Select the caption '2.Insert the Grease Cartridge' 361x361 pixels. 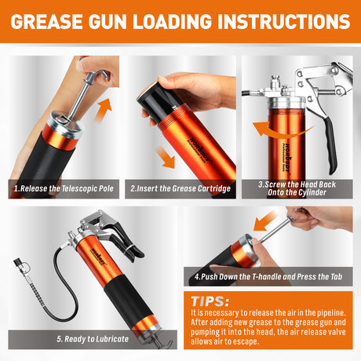click(181, 188)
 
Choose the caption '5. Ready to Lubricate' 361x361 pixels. click(86, 339)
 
